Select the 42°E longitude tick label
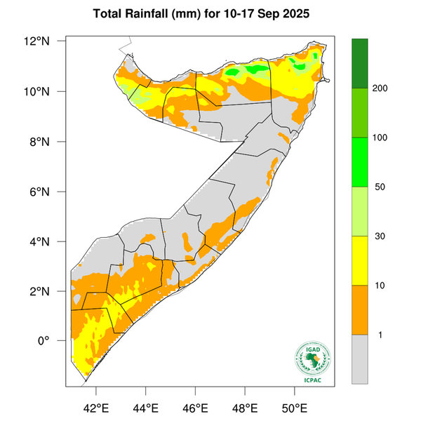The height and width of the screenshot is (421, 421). (96, 406)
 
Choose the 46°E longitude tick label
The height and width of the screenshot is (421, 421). (195, 406)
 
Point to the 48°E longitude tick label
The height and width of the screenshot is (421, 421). (245, 406)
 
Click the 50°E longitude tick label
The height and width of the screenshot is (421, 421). (294, 406)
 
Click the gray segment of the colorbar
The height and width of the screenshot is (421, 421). (361, 359)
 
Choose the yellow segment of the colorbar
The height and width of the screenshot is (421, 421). (361, 260)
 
